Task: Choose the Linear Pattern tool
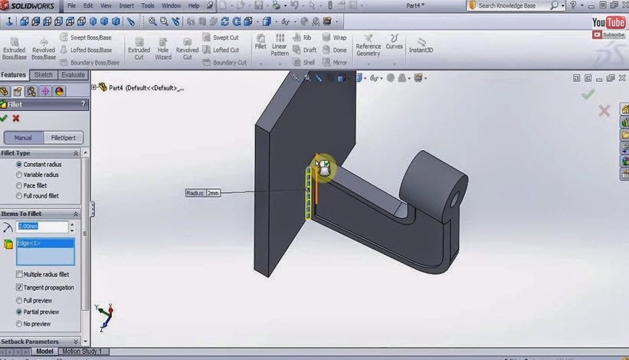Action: (280, 44)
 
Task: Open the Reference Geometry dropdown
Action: (368, 45)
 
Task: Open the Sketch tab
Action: (44, 75)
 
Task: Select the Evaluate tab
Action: (73, 75)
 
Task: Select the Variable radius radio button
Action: (20, 175)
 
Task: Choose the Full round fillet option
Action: (20, 195)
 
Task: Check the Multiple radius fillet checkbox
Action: (20, 274)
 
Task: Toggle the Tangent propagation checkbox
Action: (20, 287)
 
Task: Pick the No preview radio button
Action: (20, 324)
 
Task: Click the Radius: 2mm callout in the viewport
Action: (203, 193)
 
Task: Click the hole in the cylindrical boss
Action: (456, 201)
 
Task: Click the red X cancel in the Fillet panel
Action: (16, 118)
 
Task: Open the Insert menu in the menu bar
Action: (126, 5)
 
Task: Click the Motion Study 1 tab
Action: (83, 351)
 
